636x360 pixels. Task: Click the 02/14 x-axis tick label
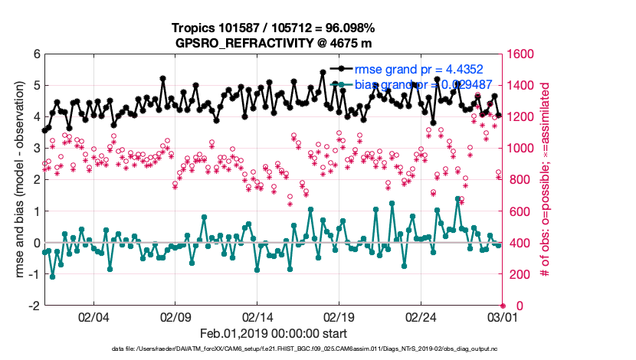pos(257,317)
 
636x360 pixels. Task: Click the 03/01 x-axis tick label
pos(502,317)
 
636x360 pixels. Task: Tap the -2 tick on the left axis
pos(34,306)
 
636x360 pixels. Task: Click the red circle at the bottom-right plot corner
pos(503,306)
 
